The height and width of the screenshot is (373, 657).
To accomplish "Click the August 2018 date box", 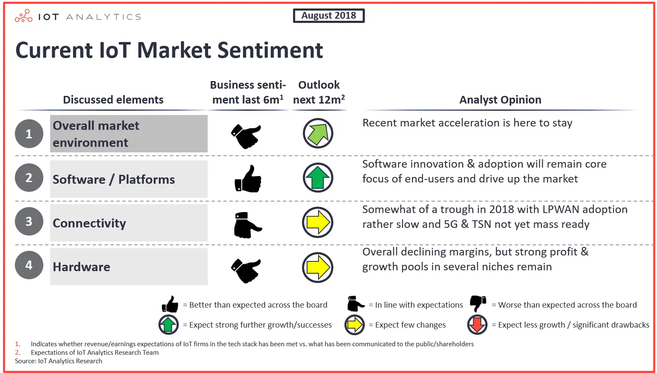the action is (329, 16).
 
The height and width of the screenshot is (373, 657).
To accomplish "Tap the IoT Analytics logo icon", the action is (23, 16).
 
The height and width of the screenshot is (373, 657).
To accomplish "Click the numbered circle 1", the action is (29, 134).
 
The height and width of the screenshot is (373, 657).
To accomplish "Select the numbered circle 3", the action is (29, 221).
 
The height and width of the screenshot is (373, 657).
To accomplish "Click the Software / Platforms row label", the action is (114, 179).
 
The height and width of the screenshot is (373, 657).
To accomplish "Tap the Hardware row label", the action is (82, 267).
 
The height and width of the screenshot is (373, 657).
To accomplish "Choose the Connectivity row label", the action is (90, 223).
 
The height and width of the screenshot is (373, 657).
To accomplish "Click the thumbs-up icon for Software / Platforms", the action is (248, 179).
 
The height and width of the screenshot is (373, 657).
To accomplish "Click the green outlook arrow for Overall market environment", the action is (318, 133).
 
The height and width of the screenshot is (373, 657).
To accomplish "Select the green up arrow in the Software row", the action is (318, 177).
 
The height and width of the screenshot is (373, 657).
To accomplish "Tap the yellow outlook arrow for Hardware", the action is (318, 267).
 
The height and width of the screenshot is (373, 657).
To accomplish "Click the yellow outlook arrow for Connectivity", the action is (318, 222).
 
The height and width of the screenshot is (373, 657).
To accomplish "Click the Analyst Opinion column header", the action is (500, 100).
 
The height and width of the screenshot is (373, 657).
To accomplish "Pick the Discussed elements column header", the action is (113, 100).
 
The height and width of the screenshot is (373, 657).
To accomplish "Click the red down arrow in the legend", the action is (477, 325).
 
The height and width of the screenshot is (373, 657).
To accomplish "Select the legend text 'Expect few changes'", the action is (410, 325).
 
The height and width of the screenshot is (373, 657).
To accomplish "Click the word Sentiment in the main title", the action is (270, 50).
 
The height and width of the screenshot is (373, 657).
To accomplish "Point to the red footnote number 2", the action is (17, 353).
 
